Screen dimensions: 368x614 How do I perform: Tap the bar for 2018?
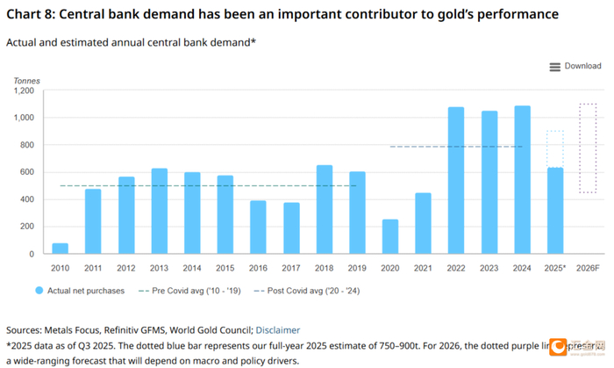click(324, 209)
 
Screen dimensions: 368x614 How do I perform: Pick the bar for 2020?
click(389, 236)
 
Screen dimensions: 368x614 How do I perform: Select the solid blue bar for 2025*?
click(554, 211)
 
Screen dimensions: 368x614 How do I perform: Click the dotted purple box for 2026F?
click(588, 148)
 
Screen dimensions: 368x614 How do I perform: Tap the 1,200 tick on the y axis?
click(22, 90)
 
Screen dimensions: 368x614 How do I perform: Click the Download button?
click(575, 66)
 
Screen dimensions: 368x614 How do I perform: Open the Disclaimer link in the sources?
click(278, 330)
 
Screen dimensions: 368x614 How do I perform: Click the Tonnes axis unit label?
click(26, 81)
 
